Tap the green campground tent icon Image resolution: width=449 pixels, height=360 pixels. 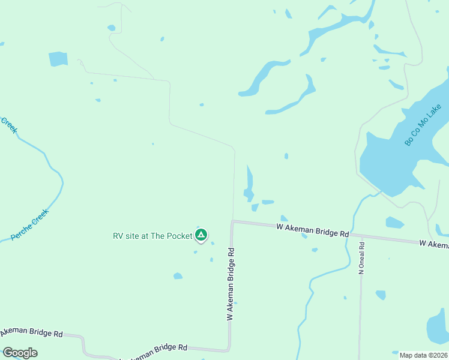(202, 235)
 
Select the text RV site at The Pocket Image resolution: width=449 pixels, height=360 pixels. (152, 236)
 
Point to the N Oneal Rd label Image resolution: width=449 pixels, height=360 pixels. (362, 259)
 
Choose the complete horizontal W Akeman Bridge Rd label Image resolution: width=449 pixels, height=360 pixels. (312, 230)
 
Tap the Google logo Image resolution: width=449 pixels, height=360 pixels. (20, 353)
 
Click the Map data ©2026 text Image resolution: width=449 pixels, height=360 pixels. (423, 355)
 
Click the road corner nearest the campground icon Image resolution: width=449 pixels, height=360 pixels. (232, 221)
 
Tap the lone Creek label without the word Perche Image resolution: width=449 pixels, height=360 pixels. (9, 125)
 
